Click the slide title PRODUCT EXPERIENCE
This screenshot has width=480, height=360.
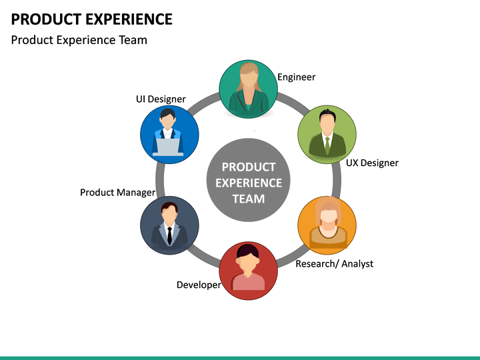[91, 19]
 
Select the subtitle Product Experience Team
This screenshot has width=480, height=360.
[79, 40]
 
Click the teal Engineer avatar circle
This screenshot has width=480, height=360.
[248, 89]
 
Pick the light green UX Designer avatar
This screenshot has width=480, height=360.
[326, 135]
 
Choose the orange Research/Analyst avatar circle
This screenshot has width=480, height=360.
[327, 225]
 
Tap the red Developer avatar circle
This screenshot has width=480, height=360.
[248, 271]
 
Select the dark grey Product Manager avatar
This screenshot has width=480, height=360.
[169, 225]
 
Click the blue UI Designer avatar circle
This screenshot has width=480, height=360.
[169, 135]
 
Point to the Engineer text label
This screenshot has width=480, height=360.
[296, 77]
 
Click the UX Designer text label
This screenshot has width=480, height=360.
[372, 163]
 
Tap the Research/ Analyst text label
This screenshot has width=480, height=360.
[334, 263]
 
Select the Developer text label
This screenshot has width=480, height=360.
[199, 285]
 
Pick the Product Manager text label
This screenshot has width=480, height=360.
[117, 192]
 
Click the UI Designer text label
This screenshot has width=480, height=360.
[161, 99]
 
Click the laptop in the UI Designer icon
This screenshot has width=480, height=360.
[168, 147]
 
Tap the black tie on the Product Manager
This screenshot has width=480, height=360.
[169, 234]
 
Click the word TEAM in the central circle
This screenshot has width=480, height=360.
[248, 199]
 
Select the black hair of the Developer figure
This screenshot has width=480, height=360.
[248, 252]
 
